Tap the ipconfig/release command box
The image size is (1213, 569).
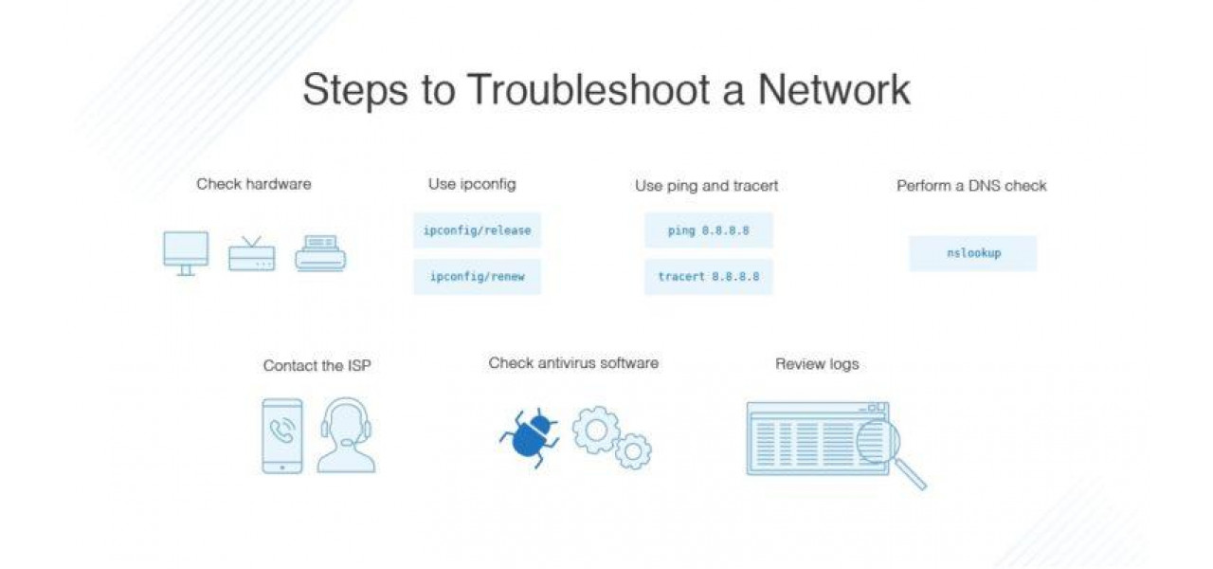click(x=477, y=230)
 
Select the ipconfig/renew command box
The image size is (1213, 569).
click(x=477, y=277)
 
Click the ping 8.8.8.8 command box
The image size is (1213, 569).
click(x=708, y=230)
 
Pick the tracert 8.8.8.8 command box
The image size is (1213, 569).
click(x=708, y=277)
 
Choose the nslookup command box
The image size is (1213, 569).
click(x=972, y=253)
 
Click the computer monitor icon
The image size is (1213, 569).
click(x=186, y=252)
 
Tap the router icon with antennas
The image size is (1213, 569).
click(x=251, y=254)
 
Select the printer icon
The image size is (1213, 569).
click(x=320, y=254)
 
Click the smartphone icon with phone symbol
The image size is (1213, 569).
click(x=282, y=435)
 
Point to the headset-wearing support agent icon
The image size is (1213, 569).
click(x=346, y=435)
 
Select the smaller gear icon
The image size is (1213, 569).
click(x=632, y=450)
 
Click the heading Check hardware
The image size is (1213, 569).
click(x=253, y=184)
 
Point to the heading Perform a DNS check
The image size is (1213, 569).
click(x=971, y=186)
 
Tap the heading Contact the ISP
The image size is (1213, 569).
click(x=317, y=365)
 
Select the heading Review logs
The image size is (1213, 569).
click(x=817, y=363)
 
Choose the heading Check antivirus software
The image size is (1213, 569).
click(x=573, y=362)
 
